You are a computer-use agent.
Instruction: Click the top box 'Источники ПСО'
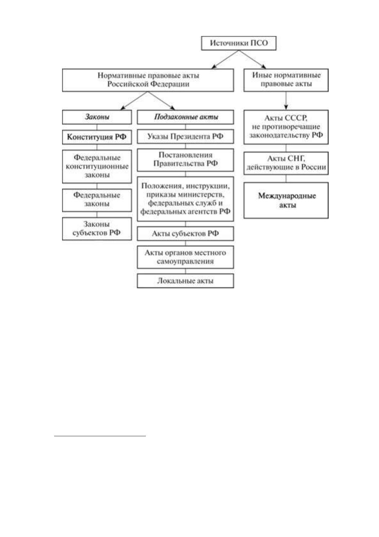tap(239, 43)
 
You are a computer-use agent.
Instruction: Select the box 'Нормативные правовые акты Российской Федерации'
tap(148, 80)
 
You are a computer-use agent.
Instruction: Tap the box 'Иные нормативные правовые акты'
tap(286, 80)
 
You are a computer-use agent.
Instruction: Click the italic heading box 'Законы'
tap(97, 117)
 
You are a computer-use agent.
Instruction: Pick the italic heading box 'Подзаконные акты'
tap(186, 117)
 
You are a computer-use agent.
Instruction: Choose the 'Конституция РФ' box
tap(97, 137)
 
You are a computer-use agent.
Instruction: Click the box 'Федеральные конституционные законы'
tap(97, 166)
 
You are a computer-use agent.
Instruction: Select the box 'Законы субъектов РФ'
tap(97, 229)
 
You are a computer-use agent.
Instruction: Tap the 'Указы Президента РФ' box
tap(186, 136)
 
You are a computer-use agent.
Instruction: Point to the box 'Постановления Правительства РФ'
tap(186, 160)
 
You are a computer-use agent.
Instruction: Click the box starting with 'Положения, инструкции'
tap(186, 199)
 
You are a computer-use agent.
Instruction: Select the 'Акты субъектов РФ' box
tap(186, 233)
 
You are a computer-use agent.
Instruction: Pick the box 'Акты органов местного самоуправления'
tap(186, 257)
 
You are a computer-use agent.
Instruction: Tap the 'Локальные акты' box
tap(186, 281)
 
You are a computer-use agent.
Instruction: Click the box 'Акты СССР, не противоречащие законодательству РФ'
tap(286, 127)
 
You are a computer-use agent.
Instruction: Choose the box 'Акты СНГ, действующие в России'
tap(286, 163)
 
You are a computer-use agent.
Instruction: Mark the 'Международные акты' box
tap(286, 200)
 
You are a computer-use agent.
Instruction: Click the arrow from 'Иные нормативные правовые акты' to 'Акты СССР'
tap(286, 101)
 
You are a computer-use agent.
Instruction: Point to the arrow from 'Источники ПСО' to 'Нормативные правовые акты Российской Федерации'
tap(225, 59)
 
